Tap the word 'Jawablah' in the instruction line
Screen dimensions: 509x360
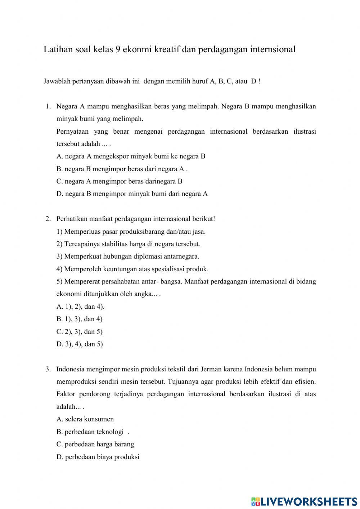pyautogui.click(x=57, y=81)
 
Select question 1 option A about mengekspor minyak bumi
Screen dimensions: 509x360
pyautogui.click(x=131, y=156)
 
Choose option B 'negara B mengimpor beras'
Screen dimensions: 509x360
pyautogui.click(x=122, y=169)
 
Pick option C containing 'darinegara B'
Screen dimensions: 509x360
pyautogui.click(x=119, y=181)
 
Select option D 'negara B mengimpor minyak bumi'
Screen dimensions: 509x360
pyautogui.click(x=132, y=194)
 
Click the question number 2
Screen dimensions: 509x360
pyautogui.click(x=48, y=219)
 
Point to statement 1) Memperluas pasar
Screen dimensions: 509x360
pyautogui.click(x=131, y=232)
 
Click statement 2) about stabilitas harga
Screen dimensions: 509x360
pyautogui.click(x=128, y=244)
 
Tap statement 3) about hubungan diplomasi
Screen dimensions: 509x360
pyautogui.click(x=127, y=256)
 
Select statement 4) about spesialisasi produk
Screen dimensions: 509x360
pyautogui.click(x=132, y=269)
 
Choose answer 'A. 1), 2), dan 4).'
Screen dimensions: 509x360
pyautogui.click(x=80, y=307)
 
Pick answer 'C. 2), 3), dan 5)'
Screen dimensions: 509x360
pyautogui.click(x=79, y=332)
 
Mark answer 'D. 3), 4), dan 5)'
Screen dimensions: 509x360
pyautogui.click(x=80, y=344)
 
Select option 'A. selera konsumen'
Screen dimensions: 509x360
pyautogui.click(x=85, y=419)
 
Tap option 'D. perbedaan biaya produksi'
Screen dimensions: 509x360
pyautogui.click(x=98, y=457)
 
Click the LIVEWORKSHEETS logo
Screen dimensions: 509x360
pyautogui.click(x=304, y=501)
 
